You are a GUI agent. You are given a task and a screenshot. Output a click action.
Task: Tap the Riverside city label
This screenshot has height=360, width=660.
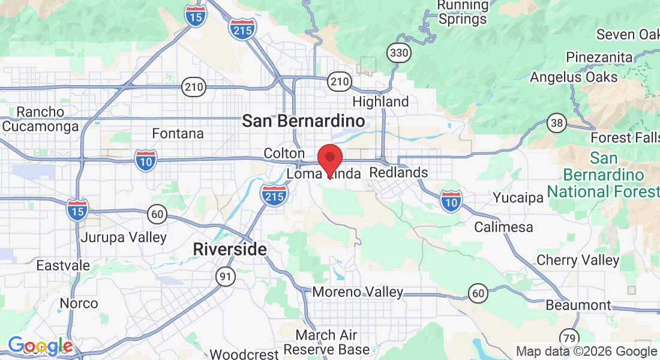pos(230,249)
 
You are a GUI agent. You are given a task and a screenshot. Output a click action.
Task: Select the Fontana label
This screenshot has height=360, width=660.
pos(178,133)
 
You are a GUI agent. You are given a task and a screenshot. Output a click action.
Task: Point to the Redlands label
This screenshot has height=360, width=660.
pos(398,173)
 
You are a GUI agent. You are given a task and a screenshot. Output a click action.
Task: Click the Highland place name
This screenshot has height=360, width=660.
pos(380,102)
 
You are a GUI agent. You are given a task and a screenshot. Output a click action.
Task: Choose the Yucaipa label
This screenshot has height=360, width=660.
pos(517,197)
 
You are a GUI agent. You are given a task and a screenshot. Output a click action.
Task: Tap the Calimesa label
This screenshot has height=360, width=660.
pos(503,227)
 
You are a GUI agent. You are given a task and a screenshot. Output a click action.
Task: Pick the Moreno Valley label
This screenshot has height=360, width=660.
pos(358,292)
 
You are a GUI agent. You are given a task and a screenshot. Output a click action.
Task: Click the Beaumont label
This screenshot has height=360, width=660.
pos(578,305)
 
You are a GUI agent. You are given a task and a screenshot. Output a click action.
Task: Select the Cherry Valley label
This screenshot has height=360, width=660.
pos(578,260)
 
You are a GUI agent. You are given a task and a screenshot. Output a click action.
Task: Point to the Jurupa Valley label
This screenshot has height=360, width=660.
pos(124,237)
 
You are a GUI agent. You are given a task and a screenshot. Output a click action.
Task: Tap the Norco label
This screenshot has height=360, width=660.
pos(79,303)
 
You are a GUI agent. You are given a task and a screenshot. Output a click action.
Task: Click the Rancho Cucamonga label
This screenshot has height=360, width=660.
pos(41,119)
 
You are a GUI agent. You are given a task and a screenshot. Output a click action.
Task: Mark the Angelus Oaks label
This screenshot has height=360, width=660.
pos(574,77)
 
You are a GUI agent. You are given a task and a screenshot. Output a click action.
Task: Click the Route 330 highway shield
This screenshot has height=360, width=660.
pos(398,53)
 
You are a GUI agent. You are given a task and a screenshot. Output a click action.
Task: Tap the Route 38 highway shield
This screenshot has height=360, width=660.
pos(557,124)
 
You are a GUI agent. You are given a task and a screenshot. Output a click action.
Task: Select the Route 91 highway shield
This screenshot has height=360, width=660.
pos(226,277)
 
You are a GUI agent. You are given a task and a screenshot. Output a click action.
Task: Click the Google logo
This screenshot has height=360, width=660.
pos(40,346)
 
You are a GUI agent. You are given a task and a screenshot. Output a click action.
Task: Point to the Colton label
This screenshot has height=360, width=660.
pos(284,154)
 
